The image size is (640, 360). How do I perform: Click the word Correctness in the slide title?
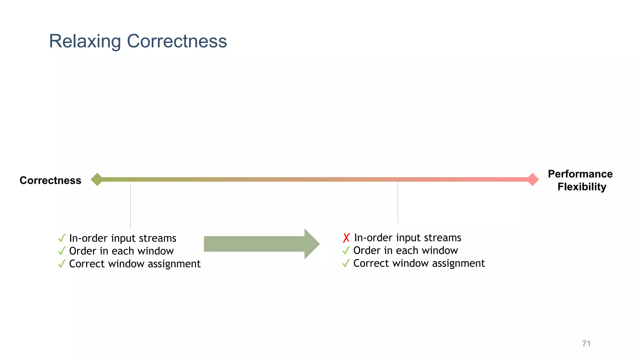click(177, 41)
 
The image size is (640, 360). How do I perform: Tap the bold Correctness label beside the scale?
click(50, 180)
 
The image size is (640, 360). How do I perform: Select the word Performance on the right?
click(580, 174)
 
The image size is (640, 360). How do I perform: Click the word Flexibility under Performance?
click(582, 187)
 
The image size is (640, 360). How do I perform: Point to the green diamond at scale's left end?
click(97, 179)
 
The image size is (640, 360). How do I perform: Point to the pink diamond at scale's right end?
click(532, 179)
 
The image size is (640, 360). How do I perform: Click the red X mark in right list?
click(346, 238)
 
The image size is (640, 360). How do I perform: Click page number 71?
click(586, 343)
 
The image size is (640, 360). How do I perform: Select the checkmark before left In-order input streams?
click(62, 238)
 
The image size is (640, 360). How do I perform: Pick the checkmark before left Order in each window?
click(62, 251)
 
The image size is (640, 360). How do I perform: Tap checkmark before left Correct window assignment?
click(62, 264)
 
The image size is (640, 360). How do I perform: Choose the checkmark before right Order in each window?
click(346, 250)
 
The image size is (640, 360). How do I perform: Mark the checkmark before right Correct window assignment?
click(346, 263)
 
